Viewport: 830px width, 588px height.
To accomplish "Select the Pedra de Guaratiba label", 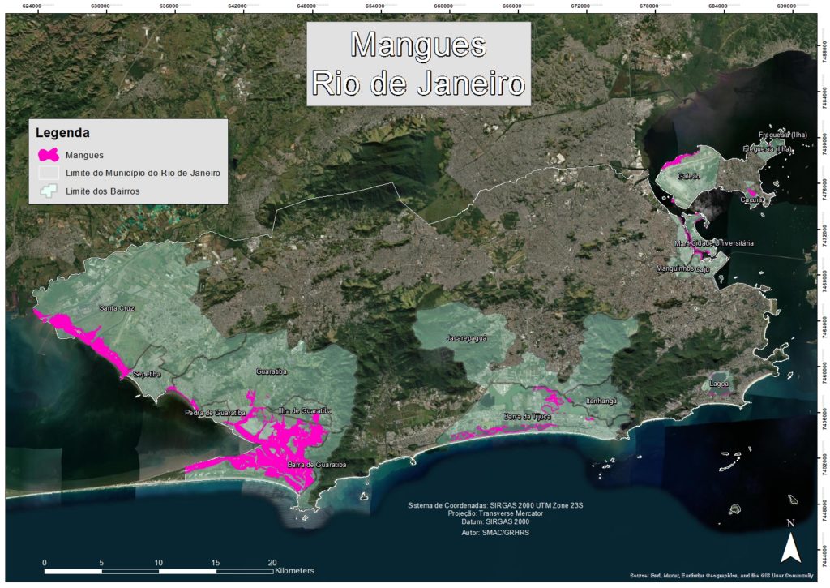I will [x=215, y=413].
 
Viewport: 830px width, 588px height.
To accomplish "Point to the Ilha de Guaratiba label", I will [x=306, y=410].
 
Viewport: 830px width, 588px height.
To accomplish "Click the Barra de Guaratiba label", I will [x=317, y=465].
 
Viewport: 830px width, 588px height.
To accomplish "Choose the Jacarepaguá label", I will [x=467, y=337].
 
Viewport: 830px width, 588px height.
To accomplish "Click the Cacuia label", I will [x=751, y=199].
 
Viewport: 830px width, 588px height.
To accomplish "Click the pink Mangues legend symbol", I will [x=49, y=154].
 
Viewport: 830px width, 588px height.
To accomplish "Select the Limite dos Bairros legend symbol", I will [x=49, y=191].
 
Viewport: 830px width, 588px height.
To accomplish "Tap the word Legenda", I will [x=62, y=132].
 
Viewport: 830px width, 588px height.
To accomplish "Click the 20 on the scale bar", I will [x=272, y=562].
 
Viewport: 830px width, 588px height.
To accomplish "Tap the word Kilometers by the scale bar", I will [x=294, y=572].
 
